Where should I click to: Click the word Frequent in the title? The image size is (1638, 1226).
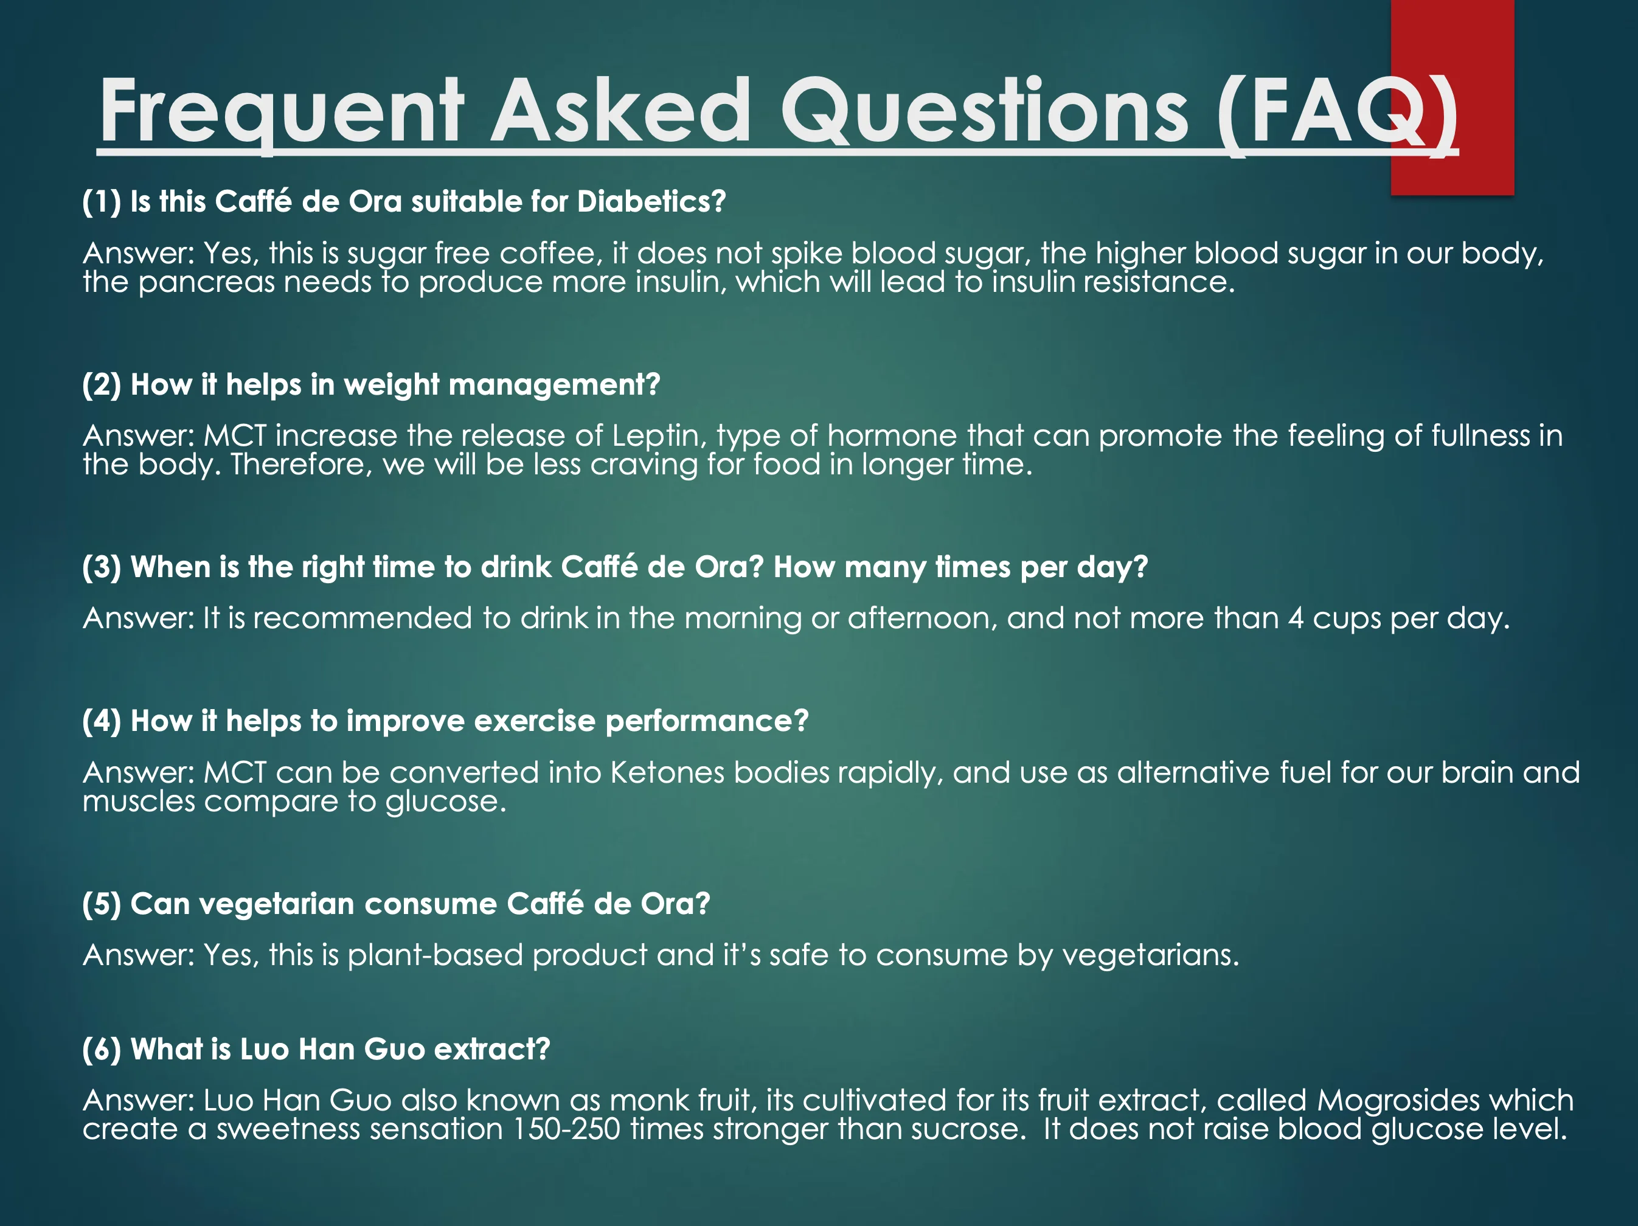click(x=282, y=111)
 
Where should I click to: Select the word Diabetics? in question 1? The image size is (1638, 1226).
click(x=651, y=201)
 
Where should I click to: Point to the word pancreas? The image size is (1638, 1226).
click(x=207, y=283)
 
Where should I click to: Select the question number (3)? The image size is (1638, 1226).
click(x=102, y=567)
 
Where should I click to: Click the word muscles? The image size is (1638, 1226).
click(x=139, y=802)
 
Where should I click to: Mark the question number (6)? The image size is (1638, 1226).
click(x=102, y=1050)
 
